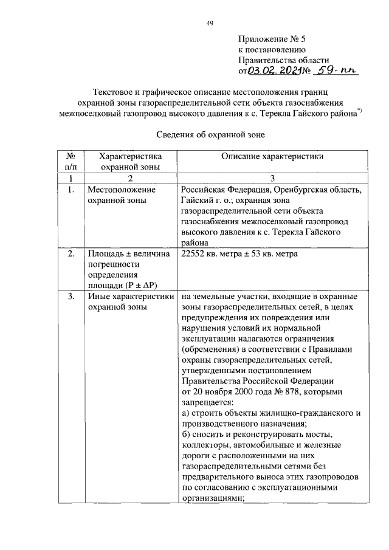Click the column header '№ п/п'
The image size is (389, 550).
pyautogui.click(x=71, y=161)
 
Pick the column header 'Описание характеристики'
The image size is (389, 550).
pyautogui.click(x=272, y=156)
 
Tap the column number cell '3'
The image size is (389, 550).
pyautogui.click(x=272, y=179)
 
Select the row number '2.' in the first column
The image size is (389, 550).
pyautogui.click(x=71, y=253)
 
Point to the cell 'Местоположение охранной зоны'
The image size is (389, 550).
pyautogui.click(x=115, y=195)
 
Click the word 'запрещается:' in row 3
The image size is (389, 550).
pyautogui.click(x=205, y=402)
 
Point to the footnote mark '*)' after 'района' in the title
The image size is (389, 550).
pyautogui.click(x=360, y=109)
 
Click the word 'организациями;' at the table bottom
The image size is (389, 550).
pyautogui.click(x=213, y=497)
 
